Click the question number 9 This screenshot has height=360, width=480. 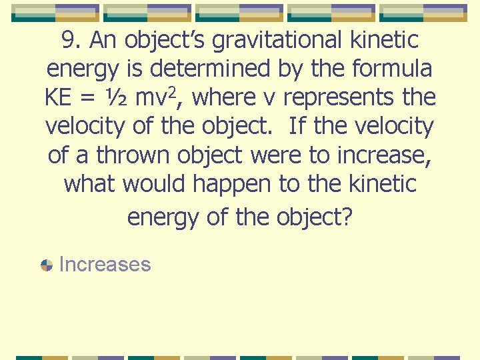(69, 41)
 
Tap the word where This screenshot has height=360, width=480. (229, 98)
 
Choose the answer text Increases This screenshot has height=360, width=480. (105, 265)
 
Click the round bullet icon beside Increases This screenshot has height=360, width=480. (47, 265)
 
